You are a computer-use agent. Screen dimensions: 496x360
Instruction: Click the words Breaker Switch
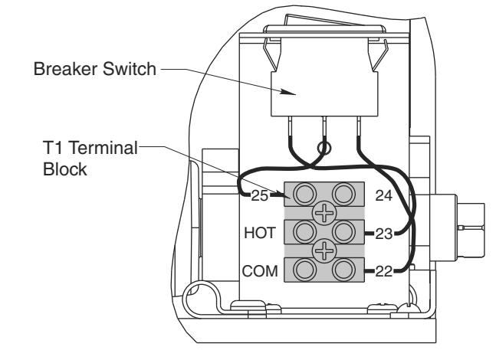[95, 69]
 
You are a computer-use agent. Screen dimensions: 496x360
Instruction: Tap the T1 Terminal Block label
[90, 159]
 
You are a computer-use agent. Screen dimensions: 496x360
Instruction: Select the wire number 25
[260, 195]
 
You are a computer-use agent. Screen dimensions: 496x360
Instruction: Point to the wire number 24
[384, 195]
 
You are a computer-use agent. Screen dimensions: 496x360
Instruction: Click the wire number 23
[384, 234]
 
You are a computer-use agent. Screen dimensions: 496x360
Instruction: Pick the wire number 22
[384, 271]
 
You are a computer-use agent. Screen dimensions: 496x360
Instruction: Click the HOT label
[260, 233]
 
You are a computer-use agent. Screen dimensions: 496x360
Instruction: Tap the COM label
[260, 271]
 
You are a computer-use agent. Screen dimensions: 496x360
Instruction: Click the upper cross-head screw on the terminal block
[324, 213]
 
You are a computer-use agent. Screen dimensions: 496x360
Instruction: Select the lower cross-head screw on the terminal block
[324, 251]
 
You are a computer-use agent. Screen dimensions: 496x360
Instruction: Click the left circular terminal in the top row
[304, 194]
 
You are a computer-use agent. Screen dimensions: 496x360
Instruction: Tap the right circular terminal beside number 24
[344, 194]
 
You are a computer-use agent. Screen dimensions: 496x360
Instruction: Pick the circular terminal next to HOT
[304, 232]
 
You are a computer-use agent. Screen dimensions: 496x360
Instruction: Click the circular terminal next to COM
[304, 270]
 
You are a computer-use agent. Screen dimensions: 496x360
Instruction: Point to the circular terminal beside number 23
[344, 232]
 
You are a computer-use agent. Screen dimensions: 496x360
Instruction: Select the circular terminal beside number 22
[344, 270]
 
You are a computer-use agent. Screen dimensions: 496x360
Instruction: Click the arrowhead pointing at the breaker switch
[288, 92]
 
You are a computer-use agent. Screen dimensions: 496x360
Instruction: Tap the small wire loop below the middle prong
[324, 148]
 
